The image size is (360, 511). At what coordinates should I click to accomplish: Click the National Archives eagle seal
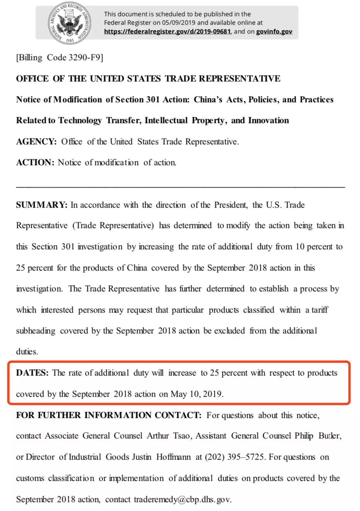(70, 22)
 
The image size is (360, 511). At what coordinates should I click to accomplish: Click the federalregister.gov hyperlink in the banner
(167, 32)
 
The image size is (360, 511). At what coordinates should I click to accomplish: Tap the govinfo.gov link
(274, 32)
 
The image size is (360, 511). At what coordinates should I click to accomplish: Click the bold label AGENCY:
(36, 142)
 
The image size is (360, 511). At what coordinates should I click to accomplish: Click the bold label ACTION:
(35, 162)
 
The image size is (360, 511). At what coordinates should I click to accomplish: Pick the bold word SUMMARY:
(42, 205)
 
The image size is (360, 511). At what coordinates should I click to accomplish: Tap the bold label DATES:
(32, 373)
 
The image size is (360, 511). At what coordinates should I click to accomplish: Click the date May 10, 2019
(197, 394)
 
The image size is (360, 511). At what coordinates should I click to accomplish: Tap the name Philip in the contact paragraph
(304, 436)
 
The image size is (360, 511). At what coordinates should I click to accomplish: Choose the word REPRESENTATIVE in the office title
(239, 79)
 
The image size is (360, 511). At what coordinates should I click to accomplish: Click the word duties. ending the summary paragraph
(27, 352)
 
